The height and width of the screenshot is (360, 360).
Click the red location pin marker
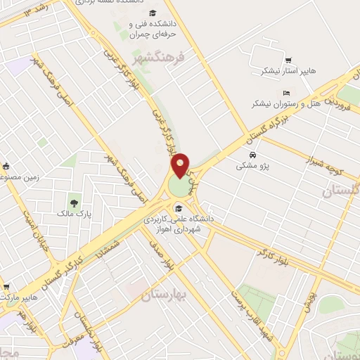click(x=181, y=166)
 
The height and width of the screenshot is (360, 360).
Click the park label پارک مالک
click(x=74, y=209)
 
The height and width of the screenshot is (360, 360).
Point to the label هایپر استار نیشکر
click(x=280, y=71)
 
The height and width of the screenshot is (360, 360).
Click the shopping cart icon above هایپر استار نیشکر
click(x=288, y=59)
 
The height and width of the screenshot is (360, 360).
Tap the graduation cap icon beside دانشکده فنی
click(x=153, y=13)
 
